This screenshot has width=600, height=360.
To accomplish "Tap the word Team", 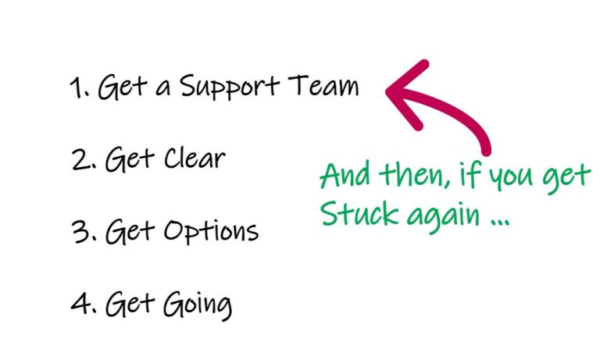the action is point(323,85).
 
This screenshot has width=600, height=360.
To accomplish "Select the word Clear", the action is point(195,158).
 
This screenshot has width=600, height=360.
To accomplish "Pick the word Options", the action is point(211,232).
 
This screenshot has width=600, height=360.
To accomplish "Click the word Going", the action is point(198,305).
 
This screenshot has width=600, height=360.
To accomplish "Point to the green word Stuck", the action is point(359,213).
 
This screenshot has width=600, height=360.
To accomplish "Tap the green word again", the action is point(443,217).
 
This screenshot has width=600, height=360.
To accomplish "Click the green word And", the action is point(345,175).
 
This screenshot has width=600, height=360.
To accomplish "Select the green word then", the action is point(414,175).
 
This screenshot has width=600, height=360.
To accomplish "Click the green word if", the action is point(470,175).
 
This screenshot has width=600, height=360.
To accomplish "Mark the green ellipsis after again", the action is point(499,223).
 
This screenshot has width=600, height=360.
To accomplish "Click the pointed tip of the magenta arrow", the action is point(387,91).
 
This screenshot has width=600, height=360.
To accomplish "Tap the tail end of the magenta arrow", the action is point(487,151).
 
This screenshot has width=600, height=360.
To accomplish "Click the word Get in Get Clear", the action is point(130,159).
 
